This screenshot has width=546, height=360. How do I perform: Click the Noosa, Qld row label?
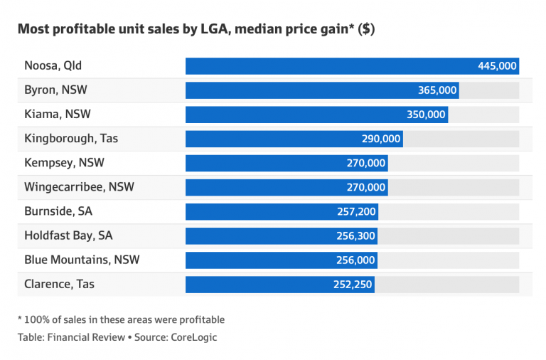tap(53, 66)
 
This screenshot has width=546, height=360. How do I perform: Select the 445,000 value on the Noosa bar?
tap(497, 66)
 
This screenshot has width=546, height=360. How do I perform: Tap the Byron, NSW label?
tap(56, 90)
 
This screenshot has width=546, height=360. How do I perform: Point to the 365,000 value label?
tap(437, 90)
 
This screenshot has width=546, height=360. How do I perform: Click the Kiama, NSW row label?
tap(58, 115)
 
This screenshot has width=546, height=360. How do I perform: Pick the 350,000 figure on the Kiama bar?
tap(427, 115)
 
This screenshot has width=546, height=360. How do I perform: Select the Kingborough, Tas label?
tap(71, 139)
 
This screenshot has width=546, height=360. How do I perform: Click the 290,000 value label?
tap(381, 139)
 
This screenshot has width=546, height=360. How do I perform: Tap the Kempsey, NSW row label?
tap(65, 163)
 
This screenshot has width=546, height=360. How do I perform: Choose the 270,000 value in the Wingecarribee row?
tap(366, 187)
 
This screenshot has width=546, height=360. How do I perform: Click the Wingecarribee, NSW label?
tap(79, 187)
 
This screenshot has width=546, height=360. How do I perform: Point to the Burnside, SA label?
tap(58, 211)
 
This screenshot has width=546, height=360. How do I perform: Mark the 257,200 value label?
tap(356, 211)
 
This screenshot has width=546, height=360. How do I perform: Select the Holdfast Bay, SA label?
tap(68, 235)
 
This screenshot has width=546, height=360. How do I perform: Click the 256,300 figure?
tap(356, 235)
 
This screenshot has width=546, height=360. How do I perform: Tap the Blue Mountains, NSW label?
tap(82, 260)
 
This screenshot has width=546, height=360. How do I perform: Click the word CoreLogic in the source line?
tap(194, 337)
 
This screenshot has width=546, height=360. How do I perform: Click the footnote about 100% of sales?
tap(121, 319)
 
